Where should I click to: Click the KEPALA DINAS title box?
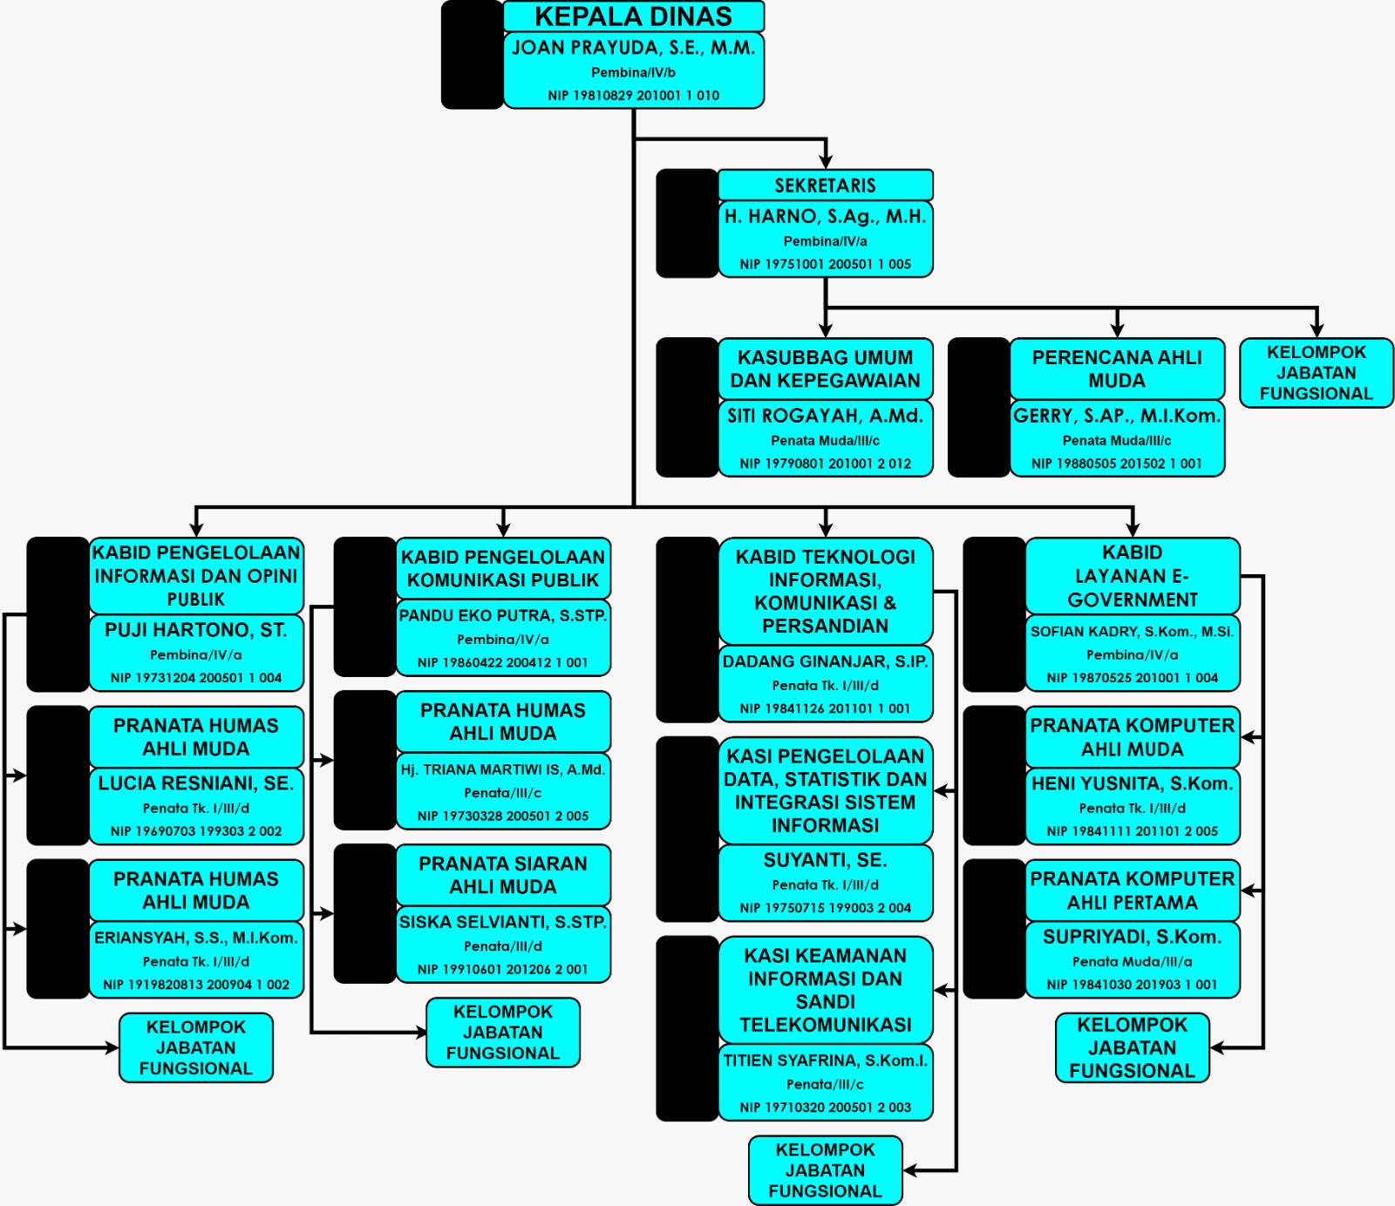click(633, 17)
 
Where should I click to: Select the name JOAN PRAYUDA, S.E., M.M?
click(633, 48)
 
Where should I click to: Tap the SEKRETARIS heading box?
click(825, 185)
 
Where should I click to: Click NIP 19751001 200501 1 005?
click(825, 264)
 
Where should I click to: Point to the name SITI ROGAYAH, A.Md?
click(825, 416)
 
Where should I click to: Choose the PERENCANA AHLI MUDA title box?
click(1117, 369)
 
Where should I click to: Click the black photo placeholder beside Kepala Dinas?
click(472, 55)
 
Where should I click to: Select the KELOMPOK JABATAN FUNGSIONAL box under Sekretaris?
click(1316, 373)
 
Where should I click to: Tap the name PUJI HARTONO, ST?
click(196, 630)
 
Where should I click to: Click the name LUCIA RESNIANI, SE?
click(196, 783)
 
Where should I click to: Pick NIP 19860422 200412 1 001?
click(503, 662)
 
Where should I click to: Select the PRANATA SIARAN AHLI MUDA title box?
click(503, 875)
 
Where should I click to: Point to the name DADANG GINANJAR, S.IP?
click(825, 661)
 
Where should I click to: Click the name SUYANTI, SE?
click(825, 860)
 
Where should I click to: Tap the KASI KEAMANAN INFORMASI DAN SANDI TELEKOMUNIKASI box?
click(825, 990)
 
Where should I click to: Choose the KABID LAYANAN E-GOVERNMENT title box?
click(1132, 576)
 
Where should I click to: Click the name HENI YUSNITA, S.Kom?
click(1132, 783)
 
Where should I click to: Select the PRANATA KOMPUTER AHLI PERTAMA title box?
click(1132, 890)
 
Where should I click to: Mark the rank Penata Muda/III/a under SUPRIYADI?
click(1132, 961)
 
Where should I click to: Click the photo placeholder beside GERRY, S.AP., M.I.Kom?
click(978, 408)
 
